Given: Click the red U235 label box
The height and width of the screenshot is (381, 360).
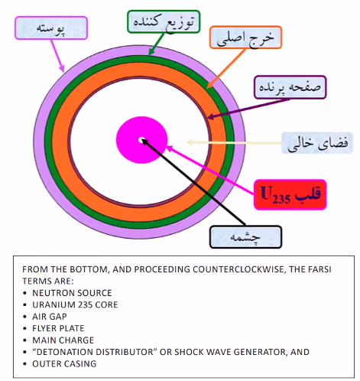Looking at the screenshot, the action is (290, 194).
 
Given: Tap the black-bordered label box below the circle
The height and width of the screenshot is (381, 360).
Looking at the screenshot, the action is (245, 236).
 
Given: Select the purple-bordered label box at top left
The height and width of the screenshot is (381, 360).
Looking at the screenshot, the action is (51, 28).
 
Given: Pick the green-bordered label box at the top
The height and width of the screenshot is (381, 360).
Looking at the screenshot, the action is (164, 21).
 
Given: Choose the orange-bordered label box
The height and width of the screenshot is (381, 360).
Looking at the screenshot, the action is (245, 37).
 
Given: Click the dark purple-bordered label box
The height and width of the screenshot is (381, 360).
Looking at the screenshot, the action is (290, 87).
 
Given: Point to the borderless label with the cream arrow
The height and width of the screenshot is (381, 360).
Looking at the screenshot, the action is (317, 143).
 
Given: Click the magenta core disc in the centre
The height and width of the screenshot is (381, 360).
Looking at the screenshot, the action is (141, 140).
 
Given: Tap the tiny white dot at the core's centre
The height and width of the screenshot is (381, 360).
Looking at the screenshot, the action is (141, 140).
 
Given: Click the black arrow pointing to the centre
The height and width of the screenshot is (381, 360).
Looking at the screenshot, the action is (193, 182).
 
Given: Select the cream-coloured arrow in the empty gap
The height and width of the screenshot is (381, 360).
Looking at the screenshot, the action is (234, 142).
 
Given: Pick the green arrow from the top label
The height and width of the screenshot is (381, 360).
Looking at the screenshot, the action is (156, 44).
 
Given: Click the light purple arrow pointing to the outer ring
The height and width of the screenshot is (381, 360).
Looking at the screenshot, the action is (57, 55).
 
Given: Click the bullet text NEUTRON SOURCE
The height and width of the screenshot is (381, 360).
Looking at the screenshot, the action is (72, 293).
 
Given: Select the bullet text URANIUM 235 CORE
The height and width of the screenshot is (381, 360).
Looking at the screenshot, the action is (75, 304).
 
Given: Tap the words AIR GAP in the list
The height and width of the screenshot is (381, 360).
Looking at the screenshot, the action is (50, 317).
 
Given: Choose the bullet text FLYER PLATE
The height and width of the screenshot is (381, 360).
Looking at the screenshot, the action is (58, 328).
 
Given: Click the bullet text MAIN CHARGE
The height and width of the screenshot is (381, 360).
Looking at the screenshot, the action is (63, 340).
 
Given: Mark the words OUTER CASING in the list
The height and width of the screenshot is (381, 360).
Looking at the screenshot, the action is (64, 363).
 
